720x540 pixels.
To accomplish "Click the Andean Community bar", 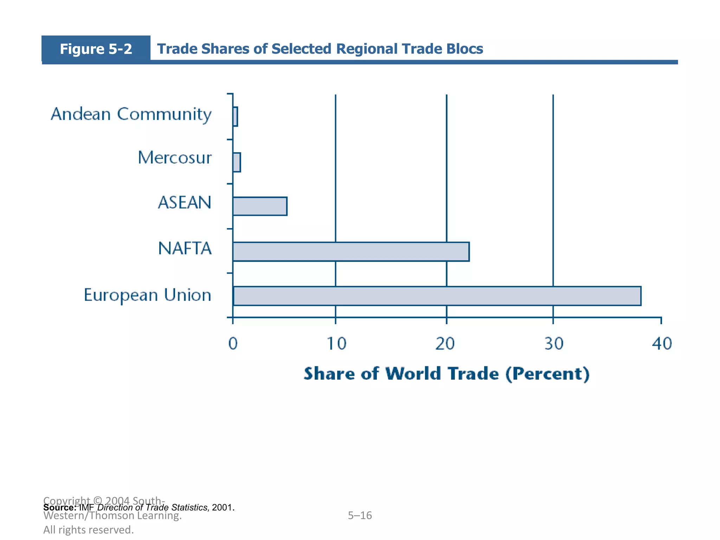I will [x=235, y=117].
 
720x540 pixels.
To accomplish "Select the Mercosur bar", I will [x=237, y=162].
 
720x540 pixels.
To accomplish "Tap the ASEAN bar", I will [x=260, y=206].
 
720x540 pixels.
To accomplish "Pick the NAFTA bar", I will [x=351, y=252].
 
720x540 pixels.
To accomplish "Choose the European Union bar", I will [x=437, y=296].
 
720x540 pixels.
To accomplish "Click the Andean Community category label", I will [x=131, y=114].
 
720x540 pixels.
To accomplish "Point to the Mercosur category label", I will [x=175, y=158].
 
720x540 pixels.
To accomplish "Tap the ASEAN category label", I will [x=185, y=202].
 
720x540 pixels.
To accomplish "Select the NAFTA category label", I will [x=185, y=249].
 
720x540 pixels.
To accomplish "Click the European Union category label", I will [x=148, y=295].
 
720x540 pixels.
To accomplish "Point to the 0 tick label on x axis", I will [x=233, y=344].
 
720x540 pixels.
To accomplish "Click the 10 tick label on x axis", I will [x=336, y=344].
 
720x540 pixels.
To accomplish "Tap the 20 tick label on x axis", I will [x=445, y=344].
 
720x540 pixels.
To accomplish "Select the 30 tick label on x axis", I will [x=554, y=344].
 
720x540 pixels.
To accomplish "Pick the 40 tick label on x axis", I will [x=662, y=344].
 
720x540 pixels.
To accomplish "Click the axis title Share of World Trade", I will [x=446, y=374].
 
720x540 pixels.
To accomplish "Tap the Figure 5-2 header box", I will [x=96, y=49].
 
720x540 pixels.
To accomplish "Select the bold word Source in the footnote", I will [x=59, y=508].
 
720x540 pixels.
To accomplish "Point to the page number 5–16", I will [x=360, y=515].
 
